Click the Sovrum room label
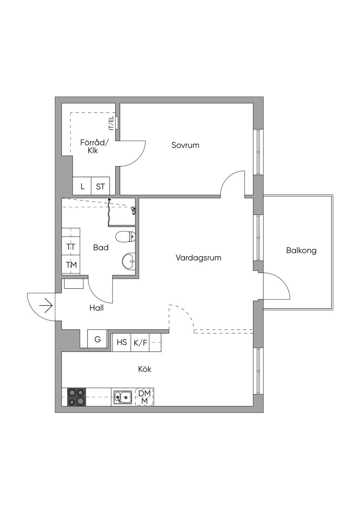pos(185,145)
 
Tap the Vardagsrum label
pos(198,258)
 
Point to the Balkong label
pos(301,251)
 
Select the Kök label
pos(144,369)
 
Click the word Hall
pos(96,308)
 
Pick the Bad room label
pos(101,247)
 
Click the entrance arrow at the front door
pos(46,305)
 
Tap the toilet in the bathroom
pos(125,237)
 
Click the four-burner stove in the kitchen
pos(76,397)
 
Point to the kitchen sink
pos(123,397)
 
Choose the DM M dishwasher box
pos(144,397)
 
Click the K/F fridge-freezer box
pos(140,342)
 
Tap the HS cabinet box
pos(122,342)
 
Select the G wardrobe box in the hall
pos(97,340)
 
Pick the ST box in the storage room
pos(101,187)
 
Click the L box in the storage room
pos(82,186)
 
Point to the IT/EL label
pos(111,123)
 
